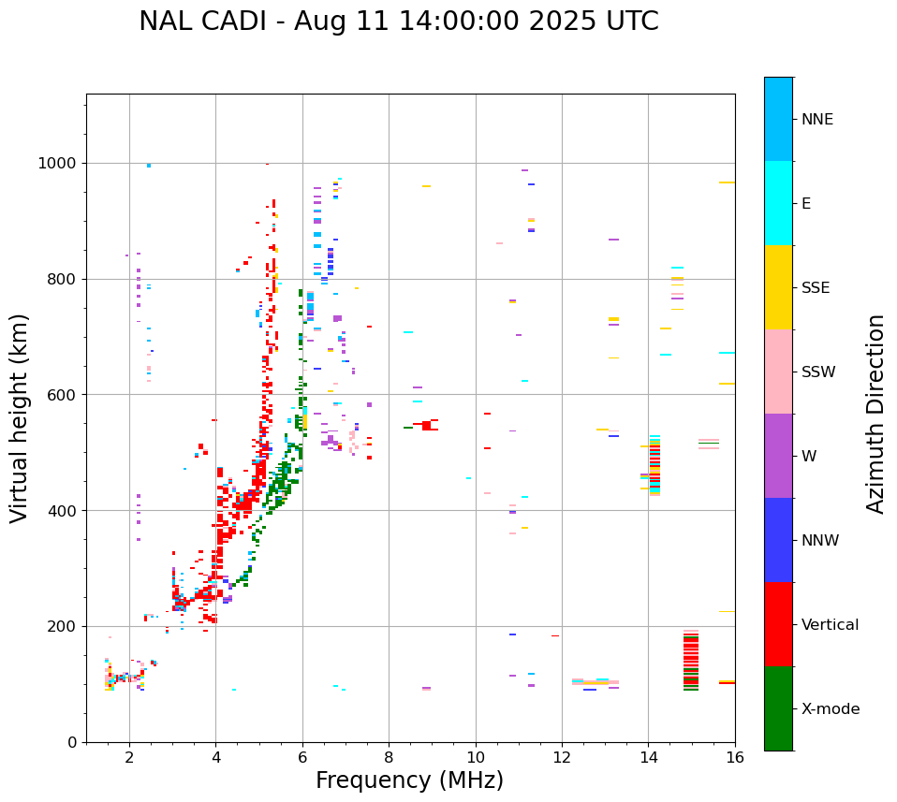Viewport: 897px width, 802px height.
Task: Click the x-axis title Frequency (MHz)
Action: tap(409, 780)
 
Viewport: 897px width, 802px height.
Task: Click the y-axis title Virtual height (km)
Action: tap(20, 418)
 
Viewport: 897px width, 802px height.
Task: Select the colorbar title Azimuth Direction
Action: tap(875, 414)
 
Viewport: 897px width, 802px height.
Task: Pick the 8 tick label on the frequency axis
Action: tap(389, 757)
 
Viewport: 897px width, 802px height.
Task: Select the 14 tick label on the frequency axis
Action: tap(649, 757)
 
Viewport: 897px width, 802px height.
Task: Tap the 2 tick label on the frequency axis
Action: tap(129, 757)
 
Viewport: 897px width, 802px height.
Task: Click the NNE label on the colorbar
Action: tap(816, 120)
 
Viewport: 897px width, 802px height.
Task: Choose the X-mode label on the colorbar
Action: tap(830, 709)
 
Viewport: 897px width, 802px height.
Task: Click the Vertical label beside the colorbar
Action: tap(830, 625)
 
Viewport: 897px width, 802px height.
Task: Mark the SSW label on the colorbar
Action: tap(818, 372)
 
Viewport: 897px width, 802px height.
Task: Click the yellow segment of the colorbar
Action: tap(778, 287)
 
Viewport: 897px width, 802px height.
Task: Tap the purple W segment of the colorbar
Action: tap(778, 456)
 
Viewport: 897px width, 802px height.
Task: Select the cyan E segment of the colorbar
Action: tap(778, 203)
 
